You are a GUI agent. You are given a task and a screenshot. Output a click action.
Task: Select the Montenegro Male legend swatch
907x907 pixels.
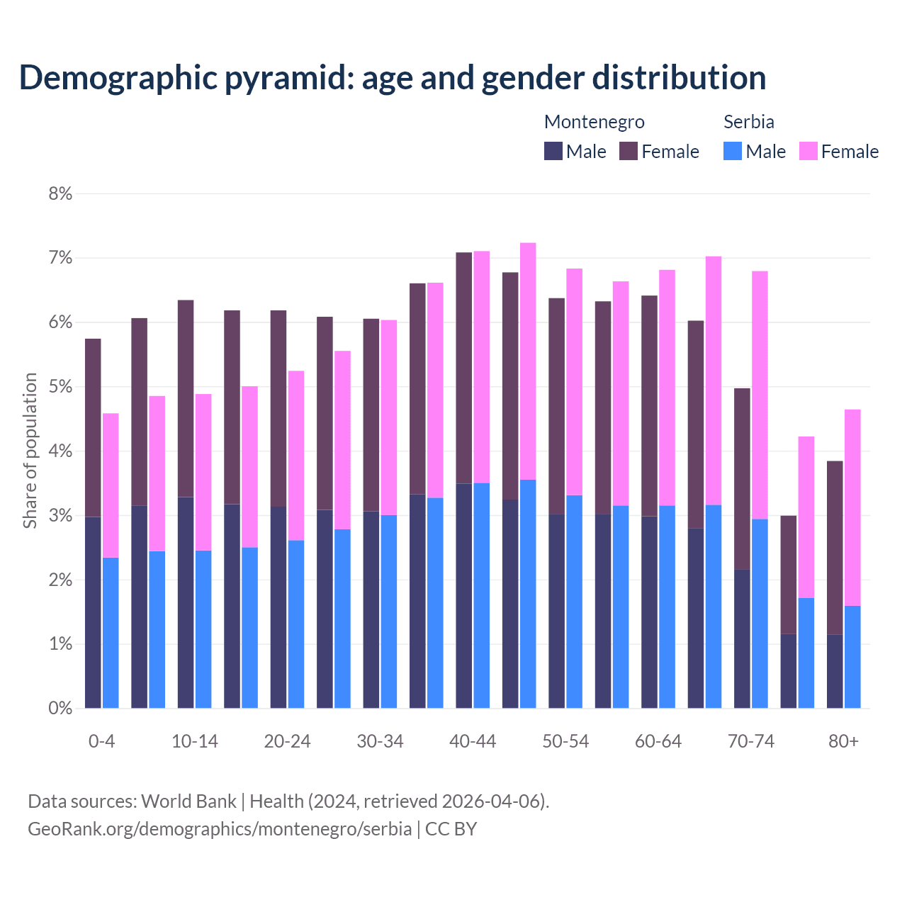[x=553, y=151]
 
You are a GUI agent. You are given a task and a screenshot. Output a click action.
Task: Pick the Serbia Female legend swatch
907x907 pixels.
[x=808, y=151]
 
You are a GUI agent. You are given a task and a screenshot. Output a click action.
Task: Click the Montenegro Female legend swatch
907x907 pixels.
[x=629, y=151]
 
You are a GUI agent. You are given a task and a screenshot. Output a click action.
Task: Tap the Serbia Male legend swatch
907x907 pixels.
[x=733, y=151]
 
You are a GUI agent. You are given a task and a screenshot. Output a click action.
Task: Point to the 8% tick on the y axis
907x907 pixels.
[x=60, y=193]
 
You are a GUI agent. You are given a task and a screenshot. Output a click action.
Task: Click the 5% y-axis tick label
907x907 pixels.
[x=60, y=387]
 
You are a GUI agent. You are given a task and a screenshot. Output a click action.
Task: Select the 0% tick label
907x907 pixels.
[x=60, y=708]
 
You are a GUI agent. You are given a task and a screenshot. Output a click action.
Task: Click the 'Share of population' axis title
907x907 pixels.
[x=30, y=451]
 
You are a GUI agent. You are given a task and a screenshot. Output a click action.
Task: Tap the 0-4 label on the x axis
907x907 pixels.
[x=101, y=741]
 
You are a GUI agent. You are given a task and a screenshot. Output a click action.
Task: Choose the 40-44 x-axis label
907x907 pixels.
[x=473, y=741]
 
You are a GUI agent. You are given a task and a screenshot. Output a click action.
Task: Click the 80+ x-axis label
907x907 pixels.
[x=843, y=741]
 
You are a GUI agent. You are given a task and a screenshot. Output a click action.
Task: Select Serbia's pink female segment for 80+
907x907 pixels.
[x=852, y=507]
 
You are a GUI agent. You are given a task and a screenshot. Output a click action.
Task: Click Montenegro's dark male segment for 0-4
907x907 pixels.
[x=93, y=612]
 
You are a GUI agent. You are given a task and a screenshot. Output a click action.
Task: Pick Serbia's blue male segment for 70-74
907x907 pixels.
[x=760, y=614]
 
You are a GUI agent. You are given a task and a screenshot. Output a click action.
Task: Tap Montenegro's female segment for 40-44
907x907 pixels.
[x=464, y=368]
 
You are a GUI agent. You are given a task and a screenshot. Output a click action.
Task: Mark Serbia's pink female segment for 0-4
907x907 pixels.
[x=111, y=485]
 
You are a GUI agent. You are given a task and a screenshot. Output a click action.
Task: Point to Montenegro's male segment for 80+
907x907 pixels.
[x=835, y=671]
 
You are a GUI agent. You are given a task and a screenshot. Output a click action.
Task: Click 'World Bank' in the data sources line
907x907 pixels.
[x=188, y=801]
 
